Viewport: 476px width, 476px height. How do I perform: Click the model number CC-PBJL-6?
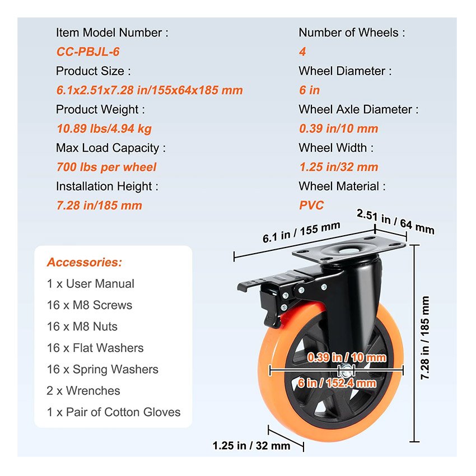pyautogui.click(x=88, y=52)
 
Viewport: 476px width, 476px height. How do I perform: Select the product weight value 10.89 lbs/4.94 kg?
pyautogui.click(x=104, y=129)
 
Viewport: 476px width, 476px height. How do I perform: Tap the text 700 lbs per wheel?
pyautogui.click(x=106, y=167)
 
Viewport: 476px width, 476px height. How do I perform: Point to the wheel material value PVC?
pyautogui.click(x=311, y=206)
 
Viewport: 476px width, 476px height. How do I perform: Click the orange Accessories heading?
pyautogui.click(x=84, y=262)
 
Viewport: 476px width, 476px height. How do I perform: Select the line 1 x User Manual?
pyautogui.click(x=91, y=284)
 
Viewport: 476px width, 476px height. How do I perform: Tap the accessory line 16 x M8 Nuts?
pyautogui.click(x=82, y=326)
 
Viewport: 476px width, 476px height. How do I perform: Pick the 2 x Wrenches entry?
pyautogui.click(x=83, y=391)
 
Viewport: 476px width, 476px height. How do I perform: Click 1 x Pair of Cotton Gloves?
pyautogui.click(x=114, y=412)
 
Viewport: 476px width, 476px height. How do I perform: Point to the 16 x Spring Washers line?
pyautogui.click(x=102, y=370)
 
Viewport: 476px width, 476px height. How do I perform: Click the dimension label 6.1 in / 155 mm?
pyautogui.click(x=301, y=232)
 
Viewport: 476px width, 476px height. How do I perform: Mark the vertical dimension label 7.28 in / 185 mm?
pyautogui.click(x=424, y=338)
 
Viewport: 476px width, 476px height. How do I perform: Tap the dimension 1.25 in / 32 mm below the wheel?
pyautogui.click(x=251, y=446)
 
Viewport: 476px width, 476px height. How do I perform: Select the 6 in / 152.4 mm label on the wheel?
pyautogui.click(x=337, y=383)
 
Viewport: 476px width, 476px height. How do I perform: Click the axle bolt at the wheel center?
pyautogui.click(x=346, y=370)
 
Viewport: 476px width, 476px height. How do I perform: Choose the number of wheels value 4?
pyautogui.click(x=302, y=52)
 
